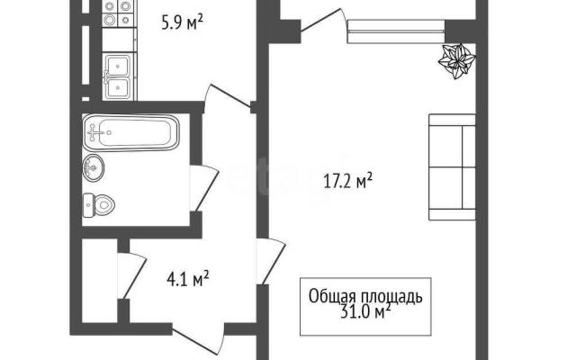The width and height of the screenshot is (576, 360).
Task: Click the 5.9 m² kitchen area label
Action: pyautogui.click(x=182, y=23)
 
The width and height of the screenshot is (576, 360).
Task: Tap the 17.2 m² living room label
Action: pyautogui.click(x=348, y=181)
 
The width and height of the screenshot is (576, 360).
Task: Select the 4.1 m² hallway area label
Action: pyautogui.click(x=188, y=279)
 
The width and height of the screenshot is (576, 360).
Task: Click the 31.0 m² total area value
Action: pyautogui.click(x=365, y=313)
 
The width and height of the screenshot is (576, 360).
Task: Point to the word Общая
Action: pyautogui.click(x=332, y=297)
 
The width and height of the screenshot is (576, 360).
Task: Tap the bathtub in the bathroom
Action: pyautogui.click(x=131, y=132)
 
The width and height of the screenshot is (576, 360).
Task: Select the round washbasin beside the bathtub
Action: pyautogui.click(x=94, y=168)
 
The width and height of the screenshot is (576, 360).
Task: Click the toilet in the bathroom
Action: pyautogui.click(x=98, y=205)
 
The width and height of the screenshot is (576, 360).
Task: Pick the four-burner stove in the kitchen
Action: pyautogui.click(x=117, y=13)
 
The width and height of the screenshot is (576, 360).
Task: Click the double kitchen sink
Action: pyautogui.click(x=118, y=76)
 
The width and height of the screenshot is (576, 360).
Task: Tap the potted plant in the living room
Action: pyautogui.click(x=457, y=61)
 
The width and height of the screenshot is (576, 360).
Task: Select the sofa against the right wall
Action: pyautogui.click(x=452, y=167)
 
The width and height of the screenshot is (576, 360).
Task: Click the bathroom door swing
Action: pyautogui.click(x=204, y=188)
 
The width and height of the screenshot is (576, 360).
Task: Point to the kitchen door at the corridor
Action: pyautogui.click(x=228, y=96)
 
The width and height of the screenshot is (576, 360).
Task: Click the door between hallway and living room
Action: pyautogui.click(x=271, y=261)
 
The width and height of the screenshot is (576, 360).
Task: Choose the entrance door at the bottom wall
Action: pyautogui.click(x=198, y=338)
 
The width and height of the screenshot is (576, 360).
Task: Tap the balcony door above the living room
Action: pyautogui.click(x=324, y=22)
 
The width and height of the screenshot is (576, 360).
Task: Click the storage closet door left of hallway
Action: pyautogui.click(x=132, y=275)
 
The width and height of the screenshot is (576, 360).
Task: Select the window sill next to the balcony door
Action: pyautogui.click(x=396, y=31)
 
